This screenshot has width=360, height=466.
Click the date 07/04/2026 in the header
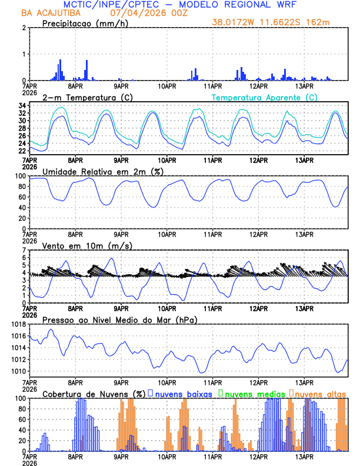tap(131, 12)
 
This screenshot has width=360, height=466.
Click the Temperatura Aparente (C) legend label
tap(264, 97)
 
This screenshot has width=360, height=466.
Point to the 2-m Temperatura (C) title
tap(86, 97)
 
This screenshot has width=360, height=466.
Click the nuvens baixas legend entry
tap(184, 394)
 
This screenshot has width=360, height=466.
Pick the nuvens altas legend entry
tap(320, 394)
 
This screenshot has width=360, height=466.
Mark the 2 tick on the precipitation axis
tap(24, 28)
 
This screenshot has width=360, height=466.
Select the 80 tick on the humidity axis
tap(21, 187)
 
